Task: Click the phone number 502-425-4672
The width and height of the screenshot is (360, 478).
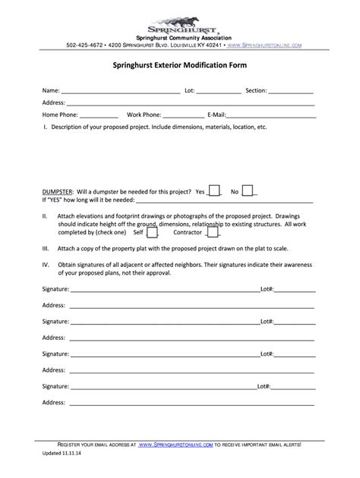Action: pos(86,46)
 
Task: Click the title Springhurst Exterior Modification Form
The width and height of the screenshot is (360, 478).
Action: pos(179,67)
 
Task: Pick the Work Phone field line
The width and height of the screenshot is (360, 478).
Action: pos(180,116)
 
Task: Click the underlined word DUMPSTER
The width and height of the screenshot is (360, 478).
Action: pos(57,193)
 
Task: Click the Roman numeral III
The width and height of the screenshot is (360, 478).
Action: pos(46,248)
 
